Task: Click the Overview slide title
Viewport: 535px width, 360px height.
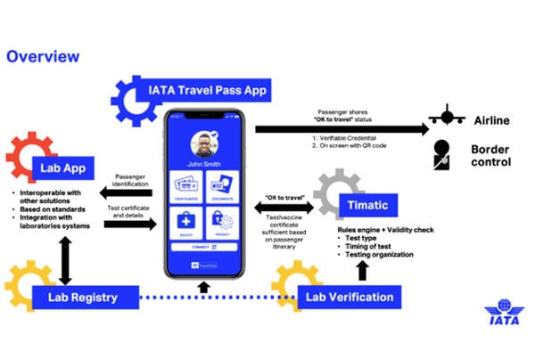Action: [43, 57]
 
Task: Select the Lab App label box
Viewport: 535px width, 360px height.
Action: [69, 167]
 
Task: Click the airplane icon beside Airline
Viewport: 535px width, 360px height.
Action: [445, 117]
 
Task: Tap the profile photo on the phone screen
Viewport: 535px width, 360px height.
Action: [207, 143]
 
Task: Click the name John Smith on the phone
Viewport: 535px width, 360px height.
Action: [207, 165]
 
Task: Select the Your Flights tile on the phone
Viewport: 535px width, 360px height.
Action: [188, 188]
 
